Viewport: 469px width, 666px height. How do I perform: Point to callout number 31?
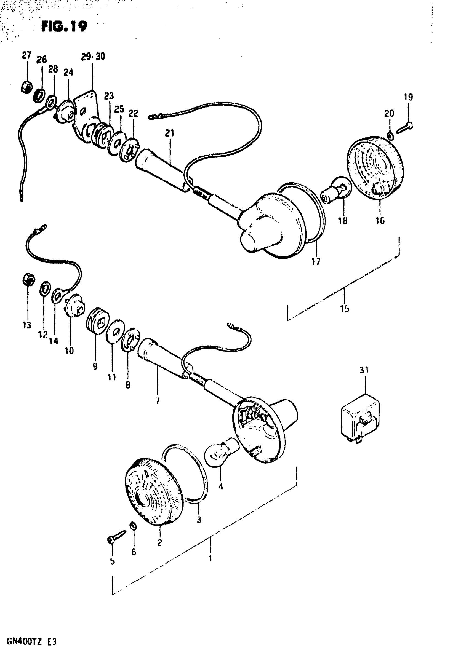point(364,370)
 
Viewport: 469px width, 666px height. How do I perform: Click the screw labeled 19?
point(405,128)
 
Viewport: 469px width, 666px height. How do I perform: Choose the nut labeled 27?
point(26,86)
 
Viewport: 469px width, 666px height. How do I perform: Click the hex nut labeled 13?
point(29,279)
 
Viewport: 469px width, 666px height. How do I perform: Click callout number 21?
point(169,133)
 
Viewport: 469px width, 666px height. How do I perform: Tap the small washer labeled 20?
point(391,135)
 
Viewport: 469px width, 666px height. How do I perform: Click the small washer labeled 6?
point(133,525)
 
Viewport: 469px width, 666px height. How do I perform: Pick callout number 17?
point(316,262)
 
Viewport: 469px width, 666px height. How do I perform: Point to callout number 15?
point(345,309)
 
